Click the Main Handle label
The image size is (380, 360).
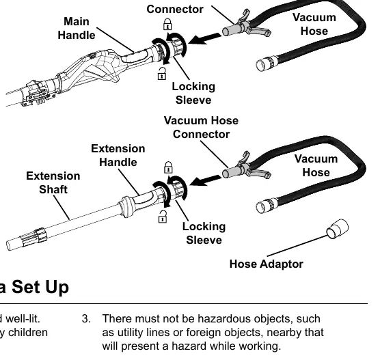77,28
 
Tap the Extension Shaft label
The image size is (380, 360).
53,182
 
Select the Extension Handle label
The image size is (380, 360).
118,155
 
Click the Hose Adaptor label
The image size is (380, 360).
266,264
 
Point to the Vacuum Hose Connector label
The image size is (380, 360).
201,128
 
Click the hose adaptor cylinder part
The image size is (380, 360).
338,229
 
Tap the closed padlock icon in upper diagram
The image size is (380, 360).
167,24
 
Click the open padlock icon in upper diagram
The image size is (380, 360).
162,74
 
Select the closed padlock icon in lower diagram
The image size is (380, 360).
168,167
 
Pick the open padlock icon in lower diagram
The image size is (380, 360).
163,217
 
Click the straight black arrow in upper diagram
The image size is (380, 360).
204,39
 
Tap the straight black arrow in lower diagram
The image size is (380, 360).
205,180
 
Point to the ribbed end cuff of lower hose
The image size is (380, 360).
267,206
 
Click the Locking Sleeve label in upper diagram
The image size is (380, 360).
193,94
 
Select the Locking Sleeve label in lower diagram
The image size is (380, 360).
204,234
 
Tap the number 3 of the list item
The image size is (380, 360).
86,319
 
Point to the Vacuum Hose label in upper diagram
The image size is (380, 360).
314,24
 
